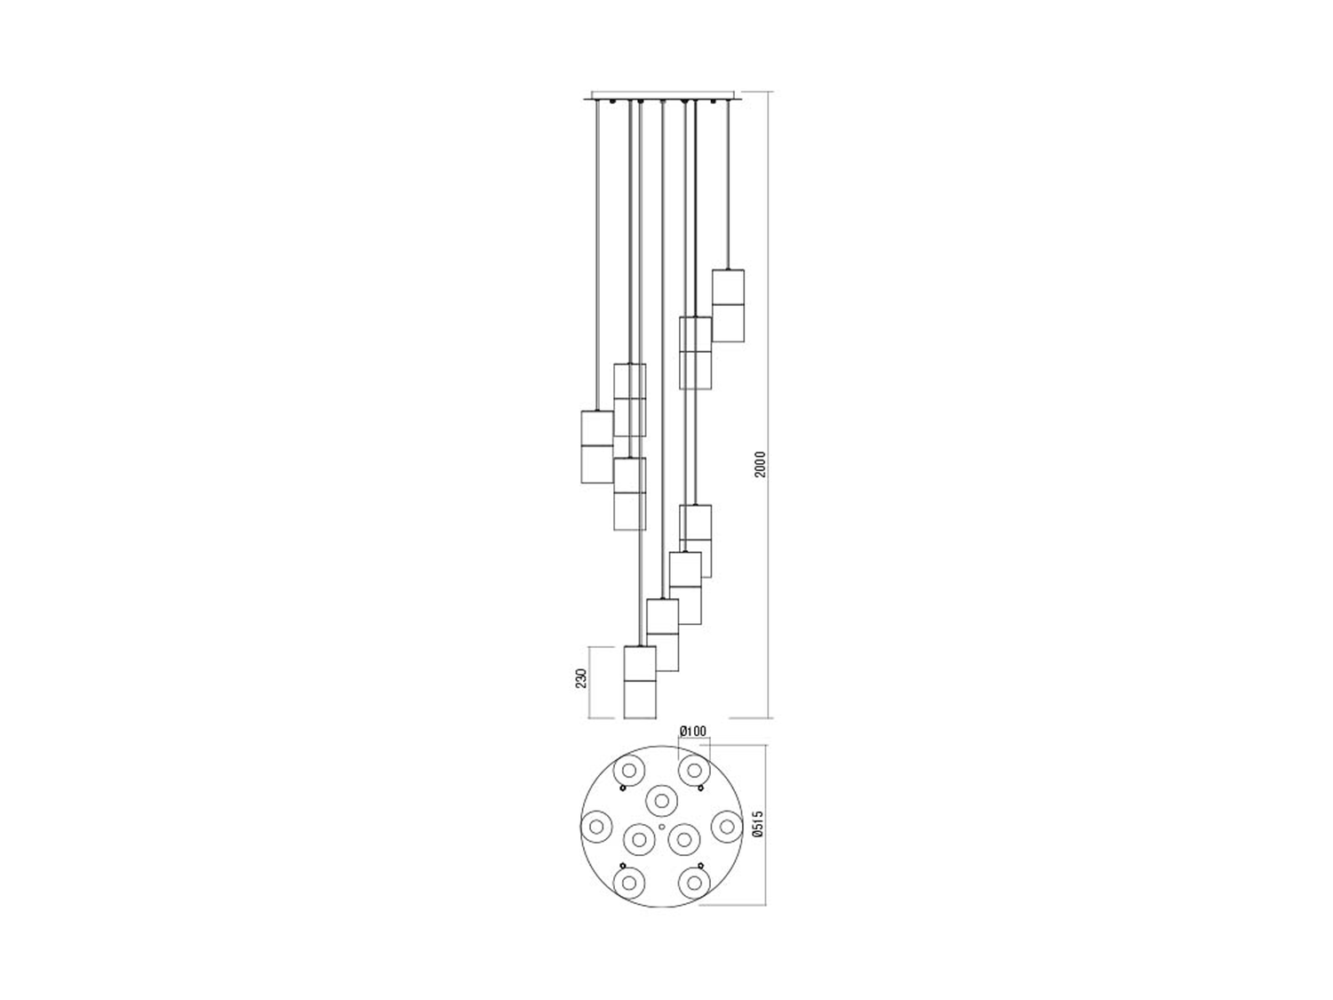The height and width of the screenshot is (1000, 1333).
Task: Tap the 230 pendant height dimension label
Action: [582, 678]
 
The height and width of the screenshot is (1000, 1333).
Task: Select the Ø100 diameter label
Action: [693, 731]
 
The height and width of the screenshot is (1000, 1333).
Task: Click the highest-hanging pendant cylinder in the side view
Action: [728, 306]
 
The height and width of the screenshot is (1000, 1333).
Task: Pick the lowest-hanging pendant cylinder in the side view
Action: [640, 682]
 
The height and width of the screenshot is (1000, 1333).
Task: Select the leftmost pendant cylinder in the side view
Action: [597, 447]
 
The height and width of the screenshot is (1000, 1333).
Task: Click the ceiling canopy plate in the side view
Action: [663, 95]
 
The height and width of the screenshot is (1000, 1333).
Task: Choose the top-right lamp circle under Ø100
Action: [694, 771]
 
